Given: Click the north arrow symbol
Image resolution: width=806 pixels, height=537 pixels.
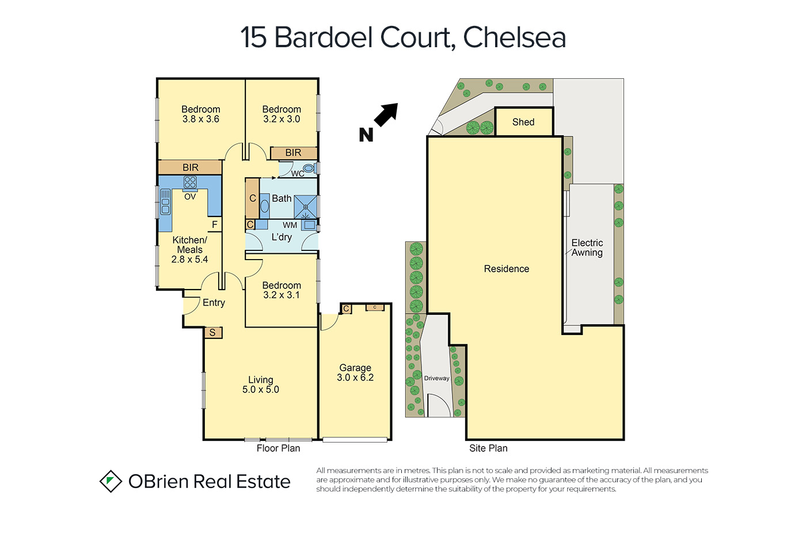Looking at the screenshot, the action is tap(386, 115).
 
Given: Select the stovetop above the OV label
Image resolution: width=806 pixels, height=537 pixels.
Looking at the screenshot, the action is tap(190, 182).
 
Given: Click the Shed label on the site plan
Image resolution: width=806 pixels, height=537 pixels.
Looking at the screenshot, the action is tap(523, 122).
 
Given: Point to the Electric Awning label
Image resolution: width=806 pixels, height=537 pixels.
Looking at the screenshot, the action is tap(587, 247).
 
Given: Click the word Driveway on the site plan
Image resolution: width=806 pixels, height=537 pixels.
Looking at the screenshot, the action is tap(436, 378).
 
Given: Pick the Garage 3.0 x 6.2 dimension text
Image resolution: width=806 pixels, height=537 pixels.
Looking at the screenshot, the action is tap(355, 378).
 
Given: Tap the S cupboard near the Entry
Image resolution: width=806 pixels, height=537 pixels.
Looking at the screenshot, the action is tap(213, 332).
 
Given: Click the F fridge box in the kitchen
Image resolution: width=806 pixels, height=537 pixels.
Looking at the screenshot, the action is tap(214, 225).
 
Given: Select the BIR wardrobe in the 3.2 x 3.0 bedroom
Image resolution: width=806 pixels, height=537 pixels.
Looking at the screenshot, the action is tap(294, 153).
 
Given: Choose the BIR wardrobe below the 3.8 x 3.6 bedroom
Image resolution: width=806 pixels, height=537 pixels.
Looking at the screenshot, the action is tap(190, 167).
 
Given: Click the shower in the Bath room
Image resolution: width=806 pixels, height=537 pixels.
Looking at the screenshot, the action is tap(306, 207).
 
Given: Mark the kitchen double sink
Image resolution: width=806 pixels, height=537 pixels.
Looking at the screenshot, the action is tap(165, 202).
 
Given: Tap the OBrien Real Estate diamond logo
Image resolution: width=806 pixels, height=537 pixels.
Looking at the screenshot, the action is tap(111, 481).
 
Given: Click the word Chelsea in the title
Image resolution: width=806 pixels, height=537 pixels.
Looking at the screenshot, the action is tap(515, 37).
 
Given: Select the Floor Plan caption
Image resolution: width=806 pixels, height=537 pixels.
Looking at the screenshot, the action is tap(278, 448).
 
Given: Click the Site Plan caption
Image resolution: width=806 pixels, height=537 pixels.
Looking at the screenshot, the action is tap(488, 448).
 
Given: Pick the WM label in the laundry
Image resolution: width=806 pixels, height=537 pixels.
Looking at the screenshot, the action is tap(290, 225).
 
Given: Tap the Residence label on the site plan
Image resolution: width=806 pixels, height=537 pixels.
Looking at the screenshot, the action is tap(506, 269).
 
